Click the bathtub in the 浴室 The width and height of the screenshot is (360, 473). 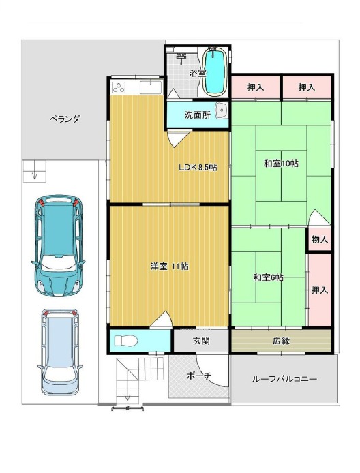coord(215,72)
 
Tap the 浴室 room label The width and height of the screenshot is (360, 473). coord(198,74)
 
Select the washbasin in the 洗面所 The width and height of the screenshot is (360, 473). coord(221,110)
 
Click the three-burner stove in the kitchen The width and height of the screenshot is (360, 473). coord(119,87)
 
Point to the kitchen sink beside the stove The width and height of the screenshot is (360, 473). coord(151,87)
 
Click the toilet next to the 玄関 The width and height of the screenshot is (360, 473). coord(126,341)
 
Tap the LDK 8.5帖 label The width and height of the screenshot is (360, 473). coord(198,167)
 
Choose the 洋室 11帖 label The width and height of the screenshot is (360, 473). coord(170,266)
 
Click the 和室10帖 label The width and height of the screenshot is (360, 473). coord(281,164)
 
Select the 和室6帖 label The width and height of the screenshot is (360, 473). coord(268,277)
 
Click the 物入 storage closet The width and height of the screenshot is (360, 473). coord(319,239)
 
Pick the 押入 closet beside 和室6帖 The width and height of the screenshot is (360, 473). coord(319,290)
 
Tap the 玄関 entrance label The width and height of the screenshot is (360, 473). coord(201,341)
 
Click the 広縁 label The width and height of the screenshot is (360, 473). coord(281,341)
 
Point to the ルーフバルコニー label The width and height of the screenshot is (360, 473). coord(284,379)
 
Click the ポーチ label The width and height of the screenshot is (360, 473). coord(199,376)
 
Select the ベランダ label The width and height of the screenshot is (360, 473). coord(65,119)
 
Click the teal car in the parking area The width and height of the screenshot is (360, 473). coord(58,245)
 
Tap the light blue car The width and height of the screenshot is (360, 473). coord(59,352)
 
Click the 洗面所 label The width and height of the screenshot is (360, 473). coord(198,115)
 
